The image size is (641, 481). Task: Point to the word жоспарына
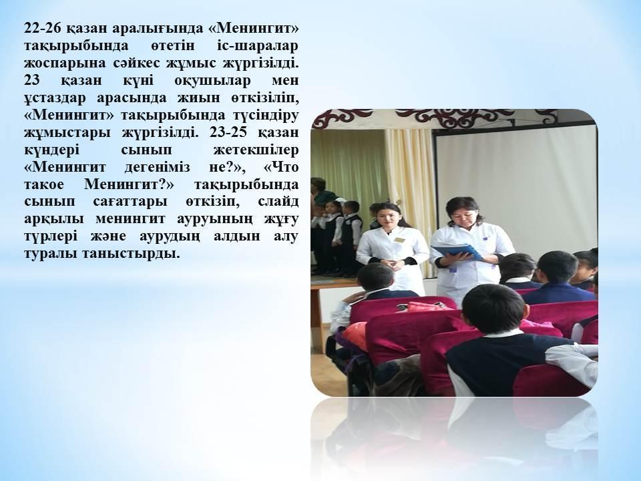pyautogui.click(x=58, y=66)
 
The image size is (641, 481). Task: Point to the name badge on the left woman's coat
pyautogui.click(x=399, y=238)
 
